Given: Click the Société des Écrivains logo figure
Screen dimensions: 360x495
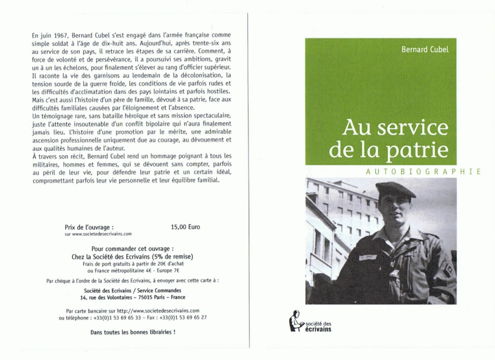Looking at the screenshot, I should coord(295,321).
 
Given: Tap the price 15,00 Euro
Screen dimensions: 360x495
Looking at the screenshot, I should coord(185,227).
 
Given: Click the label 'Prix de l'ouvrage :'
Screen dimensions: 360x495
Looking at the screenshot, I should coord(89,227).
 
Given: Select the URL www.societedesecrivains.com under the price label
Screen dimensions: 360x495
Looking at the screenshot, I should coord(98,234).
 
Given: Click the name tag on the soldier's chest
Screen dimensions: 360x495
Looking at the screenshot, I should coord(368,257).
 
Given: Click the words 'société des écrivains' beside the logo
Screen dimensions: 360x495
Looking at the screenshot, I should coord(317,326).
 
